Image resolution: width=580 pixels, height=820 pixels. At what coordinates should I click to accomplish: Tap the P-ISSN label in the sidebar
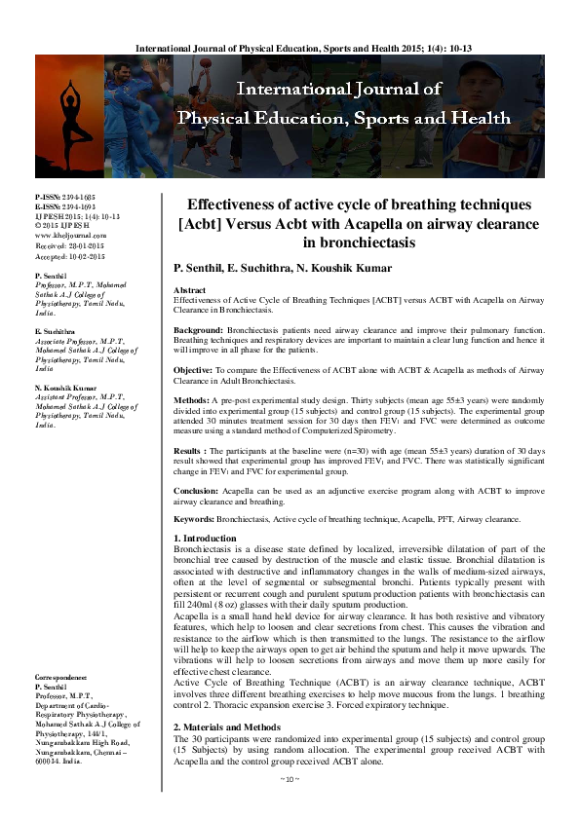point(47,197)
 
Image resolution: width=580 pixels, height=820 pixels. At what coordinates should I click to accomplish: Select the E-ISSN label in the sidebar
point(47,206)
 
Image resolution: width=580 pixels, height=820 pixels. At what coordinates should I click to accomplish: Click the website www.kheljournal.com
point(70,235)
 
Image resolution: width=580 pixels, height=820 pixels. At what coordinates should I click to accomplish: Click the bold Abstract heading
point(189,290)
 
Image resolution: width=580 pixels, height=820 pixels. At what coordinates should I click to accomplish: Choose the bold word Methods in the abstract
point(194,400)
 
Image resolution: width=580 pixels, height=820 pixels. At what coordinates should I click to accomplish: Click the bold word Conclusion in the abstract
point(201,490)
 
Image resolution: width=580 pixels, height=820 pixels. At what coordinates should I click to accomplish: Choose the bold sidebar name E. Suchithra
point(55,331)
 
